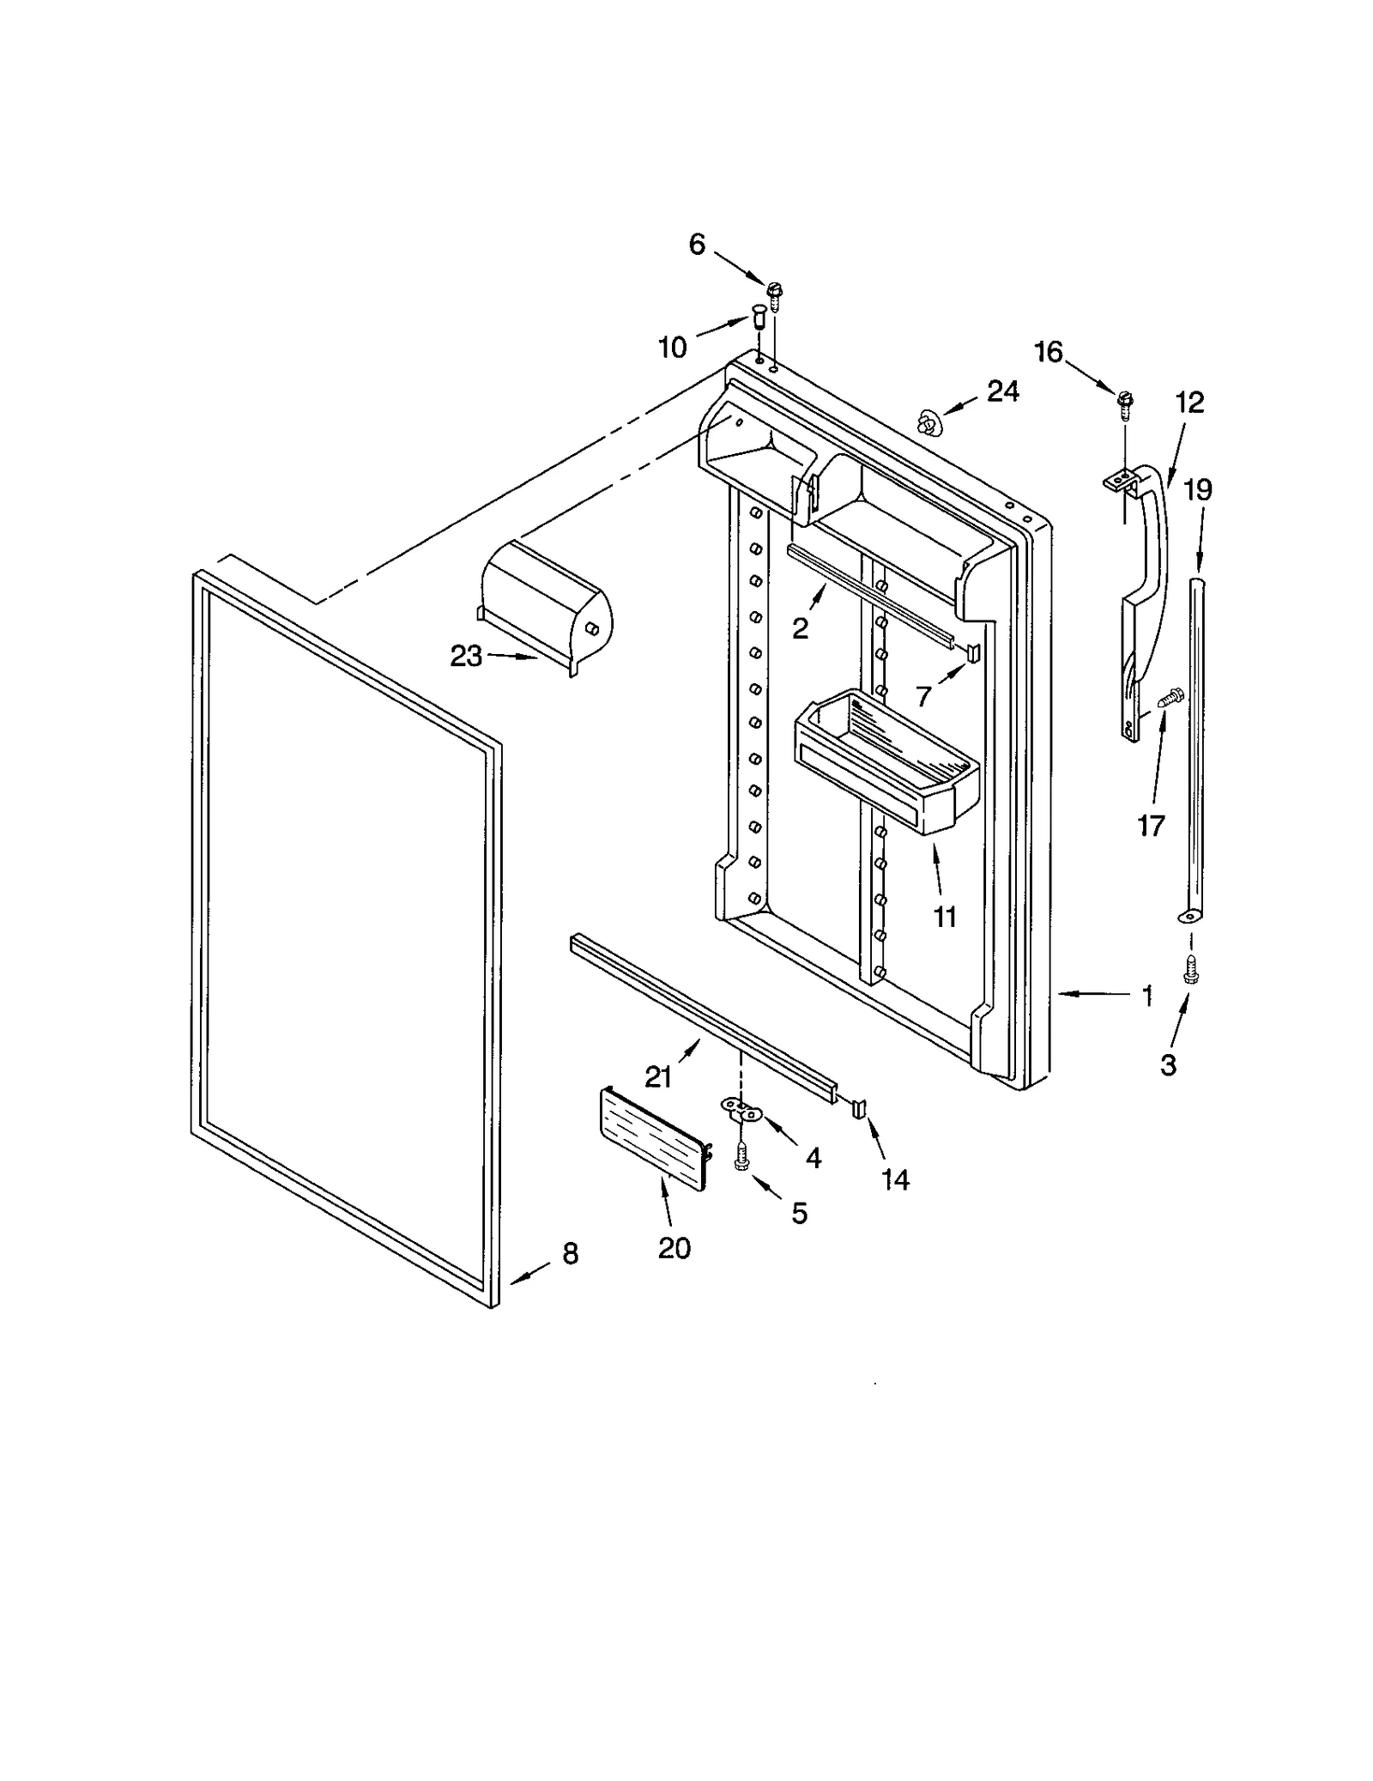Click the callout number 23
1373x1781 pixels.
466,657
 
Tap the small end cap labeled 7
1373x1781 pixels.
973,652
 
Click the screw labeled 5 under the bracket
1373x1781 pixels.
741,1158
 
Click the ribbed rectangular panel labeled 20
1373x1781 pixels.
652,1137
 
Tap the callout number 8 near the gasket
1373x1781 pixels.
571,1254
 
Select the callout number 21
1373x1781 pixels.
658,1076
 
